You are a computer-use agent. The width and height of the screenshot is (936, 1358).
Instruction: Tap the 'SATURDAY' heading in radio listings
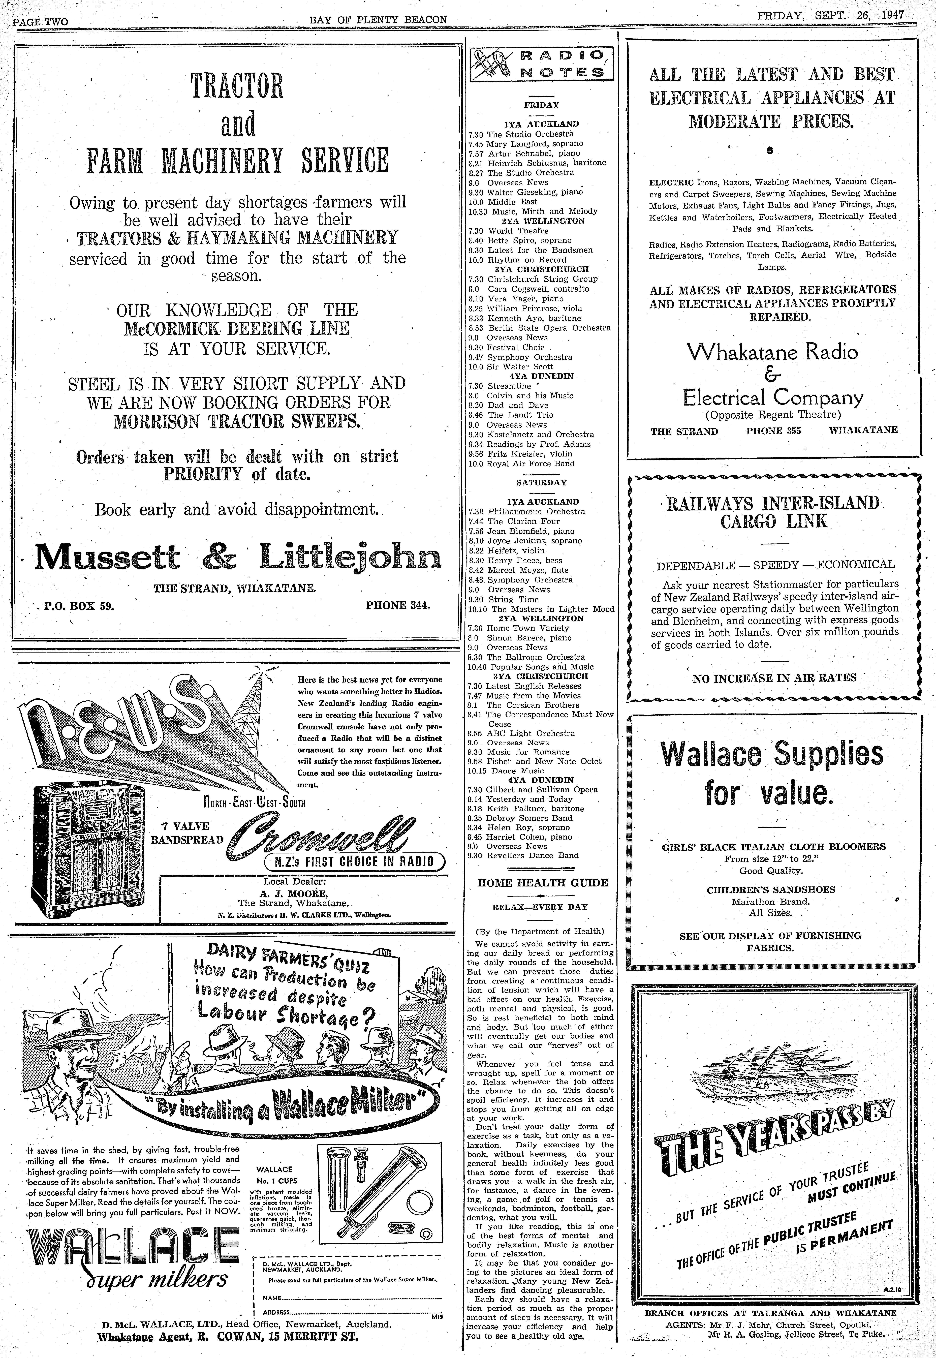pos(541,483)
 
